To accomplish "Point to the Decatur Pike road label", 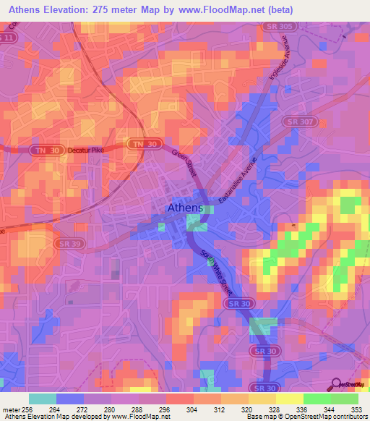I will [86, 150].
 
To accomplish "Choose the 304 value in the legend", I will [191, 409].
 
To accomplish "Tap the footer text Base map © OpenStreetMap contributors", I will [306, 417].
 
